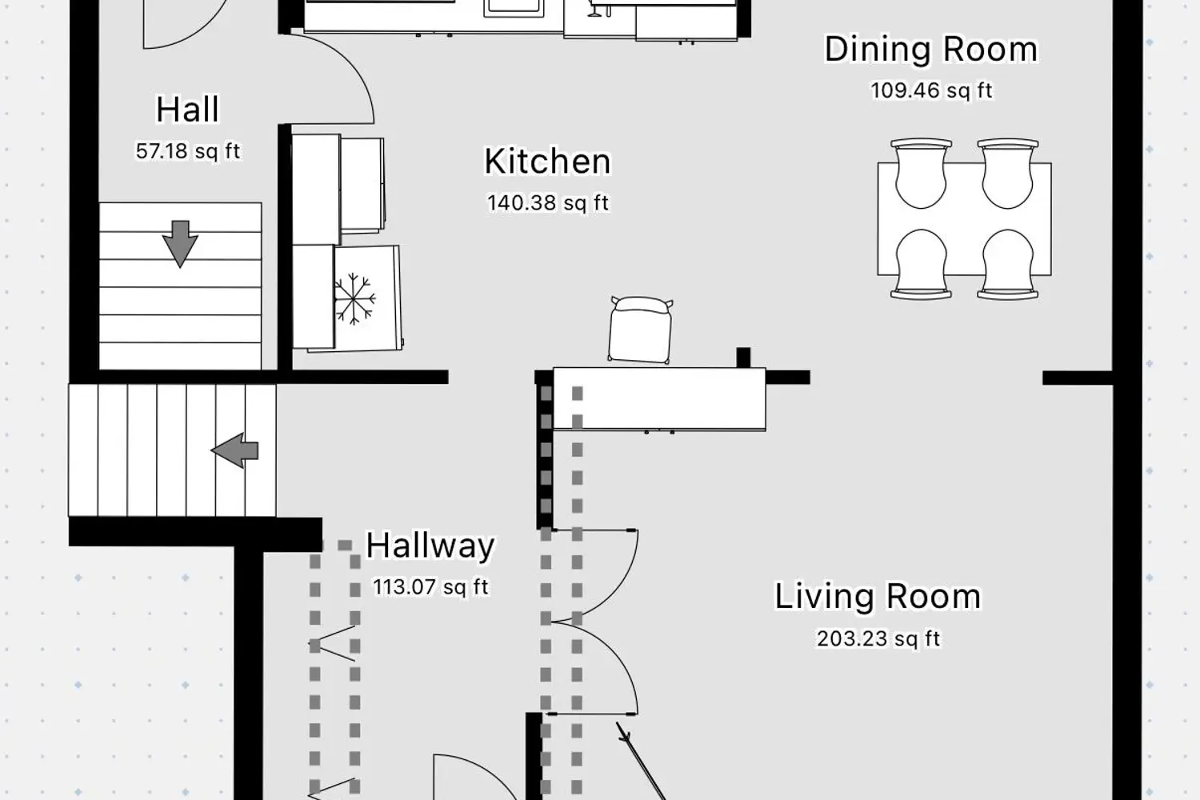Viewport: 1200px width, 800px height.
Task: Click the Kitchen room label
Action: (547, 162)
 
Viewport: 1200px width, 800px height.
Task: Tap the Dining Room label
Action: (931, 50)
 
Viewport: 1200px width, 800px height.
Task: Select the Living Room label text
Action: (878, 596)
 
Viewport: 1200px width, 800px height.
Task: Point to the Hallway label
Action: (430, 546)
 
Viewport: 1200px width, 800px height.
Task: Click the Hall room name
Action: (187, 110)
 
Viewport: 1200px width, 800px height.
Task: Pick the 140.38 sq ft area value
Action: (547, 203)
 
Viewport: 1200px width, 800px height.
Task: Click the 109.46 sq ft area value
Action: (931, 90)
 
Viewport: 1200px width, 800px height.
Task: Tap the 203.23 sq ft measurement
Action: (878, 638)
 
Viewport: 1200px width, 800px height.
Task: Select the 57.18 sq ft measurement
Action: (187, 151)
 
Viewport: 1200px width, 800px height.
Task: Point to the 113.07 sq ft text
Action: (430, 587)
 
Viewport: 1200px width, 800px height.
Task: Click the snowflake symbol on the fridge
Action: (354, 299)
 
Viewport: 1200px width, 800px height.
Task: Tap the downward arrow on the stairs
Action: (180, 244)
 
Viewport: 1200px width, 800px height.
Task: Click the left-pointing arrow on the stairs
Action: (234, 450)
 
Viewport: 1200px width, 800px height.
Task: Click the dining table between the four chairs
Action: (964, 219)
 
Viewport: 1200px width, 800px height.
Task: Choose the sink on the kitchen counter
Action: (514, 7)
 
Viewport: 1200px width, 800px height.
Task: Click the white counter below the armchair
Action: (659, 398)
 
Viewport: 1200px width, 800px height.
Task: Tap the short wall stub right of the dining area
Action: (1078, 378)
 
